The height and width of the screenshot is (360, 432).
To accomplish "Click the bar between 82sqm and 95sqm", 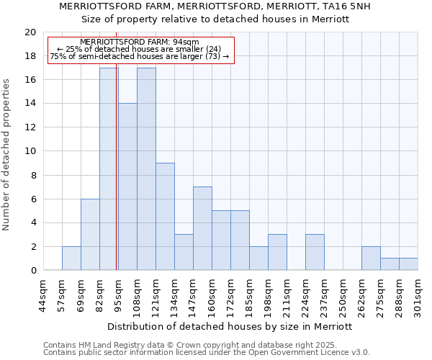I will (x=109, y=169).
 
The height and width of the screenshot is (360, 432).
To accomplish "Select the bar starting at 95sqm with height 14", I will (x=127, y=186).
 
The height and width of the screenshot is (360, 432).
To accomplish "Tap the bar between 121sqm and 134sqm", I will (x=165, y=217).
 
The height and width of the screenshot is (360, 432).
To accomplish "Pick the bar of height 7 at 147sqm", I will (x=202, y=228).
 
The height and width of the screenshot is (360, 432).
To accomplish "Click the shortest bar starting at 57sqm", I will (x=71, y=258).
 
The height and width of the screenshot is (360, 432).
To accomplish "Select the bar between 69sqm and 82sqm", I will (x=90, y=235).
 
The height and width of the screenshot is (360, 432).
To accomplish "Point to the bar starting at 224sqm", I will (x=315, y=252).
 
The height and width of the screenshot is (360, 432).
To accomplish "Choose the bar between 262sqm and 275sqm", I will (x=371, y=258).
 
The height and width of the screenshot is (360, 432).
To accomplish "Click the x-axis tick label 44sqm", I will (x=43, y=297).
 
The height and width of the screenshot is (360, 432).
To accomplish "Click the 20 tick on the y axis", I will (x=30, y=32).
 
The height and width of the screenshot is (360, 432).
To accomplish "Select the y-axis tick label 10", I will (x=30, y=151).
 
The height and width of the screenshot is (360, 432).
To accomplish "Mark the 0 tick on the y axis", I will (x=32, y=270).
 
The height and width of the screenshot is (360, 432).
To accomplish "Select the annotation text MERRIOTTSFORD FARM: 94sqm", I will (x=140, y=42).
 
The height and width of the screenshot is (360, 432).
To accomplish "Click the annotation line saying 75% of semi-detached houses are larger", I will (x=140, y=56).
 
